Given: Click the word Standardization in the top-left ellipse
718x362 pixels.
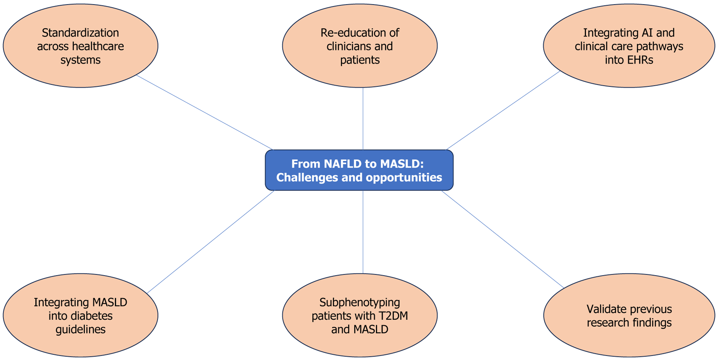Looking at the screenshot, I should [80, 33].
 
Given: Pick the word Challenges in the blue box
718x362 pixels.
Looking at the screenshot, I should [307, 178].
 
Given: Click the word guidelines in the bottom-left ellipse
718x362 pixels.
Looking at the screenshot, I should [80, 330].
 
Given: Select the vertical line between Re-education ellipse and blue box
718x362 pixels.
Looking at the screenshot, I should [363, 119].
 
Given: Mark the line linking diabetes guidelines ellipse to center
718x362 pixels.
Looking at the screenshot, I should [210, 242].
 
